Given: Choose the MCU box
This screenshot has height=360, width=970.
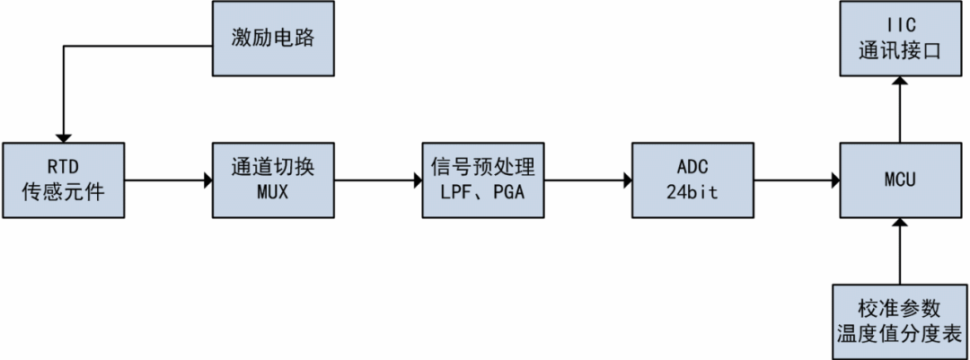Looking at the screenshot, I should [901, 179].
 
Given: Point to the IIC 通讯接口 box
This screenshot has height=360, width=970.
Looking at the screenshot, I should [901, 39].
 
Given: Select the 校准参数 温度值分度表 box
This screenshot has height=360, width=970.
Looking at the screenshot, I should [901, 320].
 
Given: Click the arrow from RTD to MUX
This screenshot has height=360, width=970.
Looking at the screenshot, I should [165, 180].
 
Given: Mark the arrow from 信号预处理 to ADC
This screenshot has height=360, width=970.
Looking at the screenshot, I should [586, 180].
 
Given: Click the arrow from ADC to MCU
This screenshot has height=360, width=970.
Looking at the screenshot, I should [796, 180].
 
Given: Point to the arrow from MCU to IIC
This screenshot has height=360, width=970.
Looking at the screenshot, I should [901, 108].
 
